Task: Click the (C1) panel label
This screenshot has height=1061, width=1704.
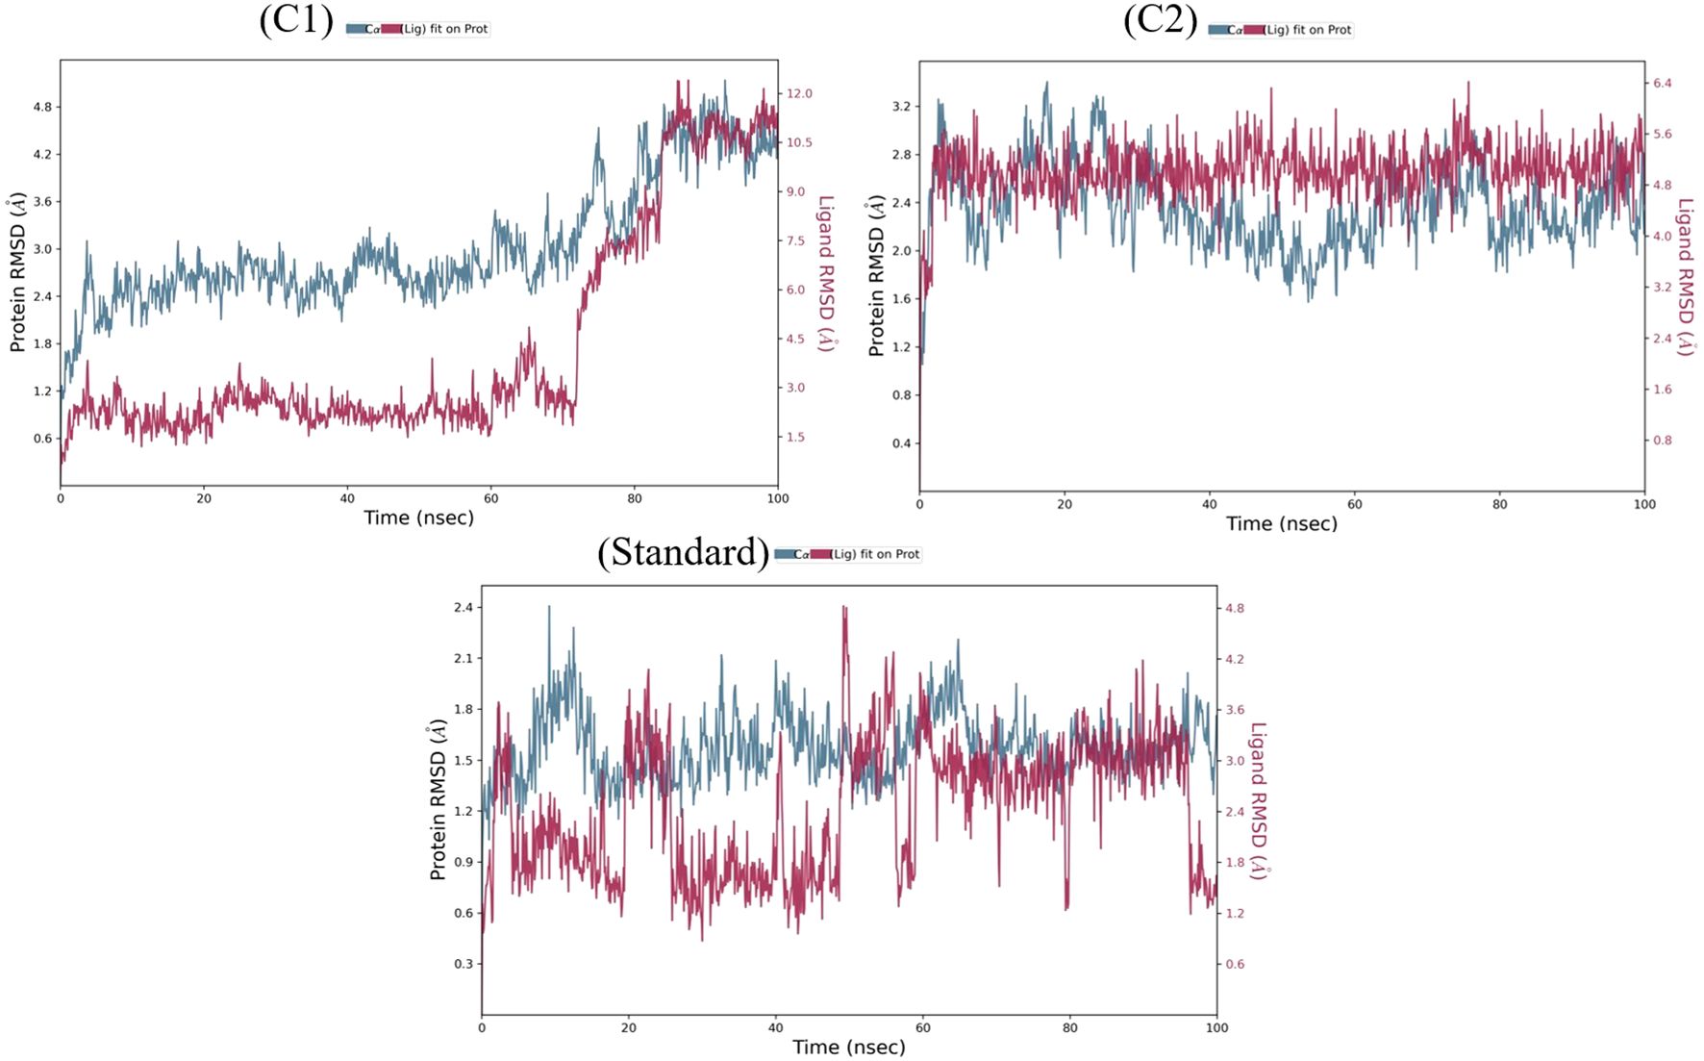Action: click(x=295, y=19)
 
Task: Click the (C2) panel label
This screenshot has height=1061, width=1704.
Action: click(x=1160, y=19)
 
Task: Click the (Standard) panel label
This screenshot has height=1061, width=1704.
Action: click(x=683, y=552)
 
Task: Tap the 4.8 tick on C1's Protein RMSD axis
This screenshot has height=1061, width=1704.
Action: click(x=42, y=107)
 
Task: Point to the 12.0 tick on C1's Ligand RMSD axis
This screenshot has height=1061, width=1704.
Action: click(x=799, y=93)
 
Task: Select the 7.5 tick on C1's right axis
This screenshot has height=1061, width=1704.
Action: click(x=795, y=240)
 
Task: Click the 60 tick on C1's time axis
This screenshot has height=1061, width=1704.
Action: click(x=491, y=498)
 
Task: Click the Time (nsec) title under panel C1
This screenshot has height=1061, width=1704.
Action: click(x=418, y=518)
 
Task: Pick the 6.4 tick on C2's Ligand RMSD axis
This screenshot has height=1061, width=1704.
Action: click(x=1662, y=83)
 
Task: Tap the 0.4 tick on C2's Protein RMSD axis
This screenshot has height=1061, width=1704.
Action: click(x=901, y=443)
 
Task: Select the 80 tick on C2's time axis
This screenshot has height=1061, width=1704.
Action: click(x=1499, y=504)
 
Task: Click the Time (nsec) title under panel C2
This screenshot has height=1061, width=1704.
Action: click(x=1281, y=523)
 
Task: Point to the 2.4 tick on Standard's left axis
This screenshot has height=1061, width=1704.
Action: click(x=464, y=607)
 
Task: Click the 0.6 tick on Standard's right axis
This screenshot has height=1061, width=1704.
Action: click(x=1234, y=964)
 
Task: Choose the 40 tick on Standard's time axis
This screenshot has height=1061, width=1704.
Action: click(x=775, y=1027)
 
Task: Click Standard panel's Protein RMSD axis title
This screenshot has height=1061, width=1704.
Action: click(x=438, y=799)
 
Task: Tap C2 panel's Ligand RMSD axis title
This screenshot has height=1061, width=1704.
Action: click(x=1685, y=277)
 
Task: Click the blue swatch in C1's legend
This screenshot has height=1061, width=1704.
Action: click(x=355, y=29)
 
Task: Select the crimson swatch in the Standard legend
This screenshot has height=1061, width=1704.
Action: click(x=820, y=554)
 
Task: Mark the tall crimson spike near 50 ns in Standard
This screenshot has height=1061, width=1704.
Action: click(x=844, y=610)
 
